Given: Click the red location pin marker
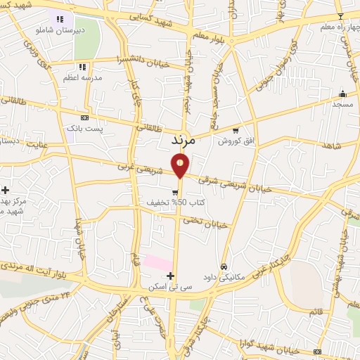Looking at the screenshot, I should [181, 167].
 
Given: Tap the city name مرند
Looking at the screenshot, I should [187, 140].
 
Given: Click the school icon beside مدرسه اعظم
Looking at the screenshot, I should [82, 67].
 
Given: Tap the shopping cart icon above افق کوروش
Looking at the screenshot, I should [235, 130].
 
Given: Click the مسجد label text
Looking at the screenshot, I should [342, 104].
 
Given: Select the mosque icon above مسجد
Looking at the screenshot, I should [342, 94].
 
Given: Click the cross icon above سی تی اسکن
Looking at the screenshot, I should [170, 276].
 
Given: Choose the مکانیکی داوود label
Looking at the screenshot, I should [224, 278].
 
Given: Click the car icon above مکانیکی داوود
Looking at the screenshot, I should [224, 266].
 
